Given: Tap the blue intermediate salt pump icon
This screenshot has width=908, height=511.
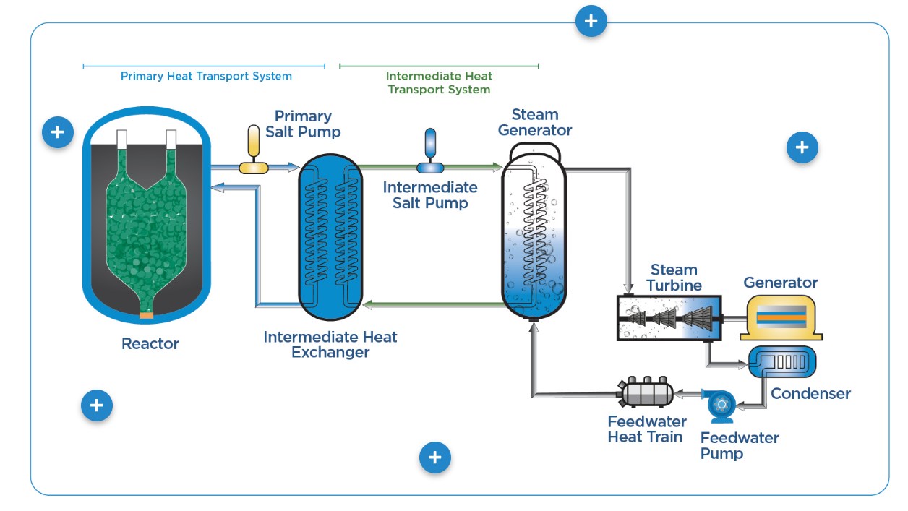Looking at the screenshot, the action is pyautogui.click(x=430, y=151).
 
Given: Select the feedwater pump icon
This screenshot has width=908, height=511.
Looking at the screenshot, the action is pyautogui.click(x=720, y=406).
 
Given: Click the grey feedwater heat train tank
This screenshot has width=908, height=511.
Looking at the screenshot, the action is pyautogui.click(x=645, y=392).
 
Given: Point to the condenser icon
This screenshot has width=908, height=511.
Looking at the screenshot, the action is pyautogui.click(x=782, y=362).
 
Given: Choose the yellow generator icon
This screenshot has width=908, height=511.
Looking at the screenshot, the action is pyautogui.click(x=781, y=318).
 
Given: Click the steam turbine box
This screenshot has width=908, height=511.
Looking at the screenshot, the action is pyautogui.click(x=669, y=318).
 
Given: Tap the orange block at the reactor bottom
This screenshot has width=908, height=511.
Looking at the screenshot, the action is pyautogui.click(x=146, y=315).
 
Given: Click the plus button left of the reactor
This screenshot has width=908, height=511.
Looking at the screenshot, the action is pyautogui.click(x=58, y=132).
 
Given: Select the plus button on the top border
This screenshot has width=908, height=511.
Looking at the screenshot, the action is pyautogui.click(x=591, y=21).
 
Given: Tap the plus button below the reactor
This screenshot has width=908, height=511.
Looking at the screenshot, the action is pyautogui.click(x=96, y=405).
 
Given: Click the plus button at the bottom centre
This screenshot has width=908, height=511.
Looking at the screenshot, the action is pyautogui.click(x=435, y=457).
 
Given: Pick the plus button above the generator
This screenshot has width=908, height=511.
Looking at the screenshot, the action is pyautogui.click(x=802, y=147).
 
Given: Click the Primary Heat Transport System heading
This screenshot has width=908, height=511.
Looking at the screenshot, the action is pyautogui.click(x=206, y=76).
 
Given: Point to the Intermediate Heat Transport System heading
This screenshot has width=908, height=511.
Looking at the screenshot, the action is pyautogui.click(x=439, y=82).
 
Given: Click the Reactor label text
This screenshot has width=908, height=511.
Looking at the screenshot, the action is pyautogui.click(x=150, y=343).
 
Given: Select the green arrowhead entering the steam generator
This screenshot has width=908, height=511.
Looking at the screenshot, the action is pyautogui.click(x=497, y=166).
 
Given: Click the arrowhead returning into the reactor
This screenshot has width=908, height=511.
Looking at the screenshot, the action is pyautogui.click(x=218, y=187).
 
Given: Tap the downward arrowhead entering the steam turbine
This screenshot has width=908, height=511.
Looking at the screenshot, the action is pyautogui.click(x=628, y=288).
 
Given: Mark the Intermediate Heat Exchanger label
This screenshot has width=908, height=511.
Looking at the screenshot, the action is pyautogui.click(x=330, y=345).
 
